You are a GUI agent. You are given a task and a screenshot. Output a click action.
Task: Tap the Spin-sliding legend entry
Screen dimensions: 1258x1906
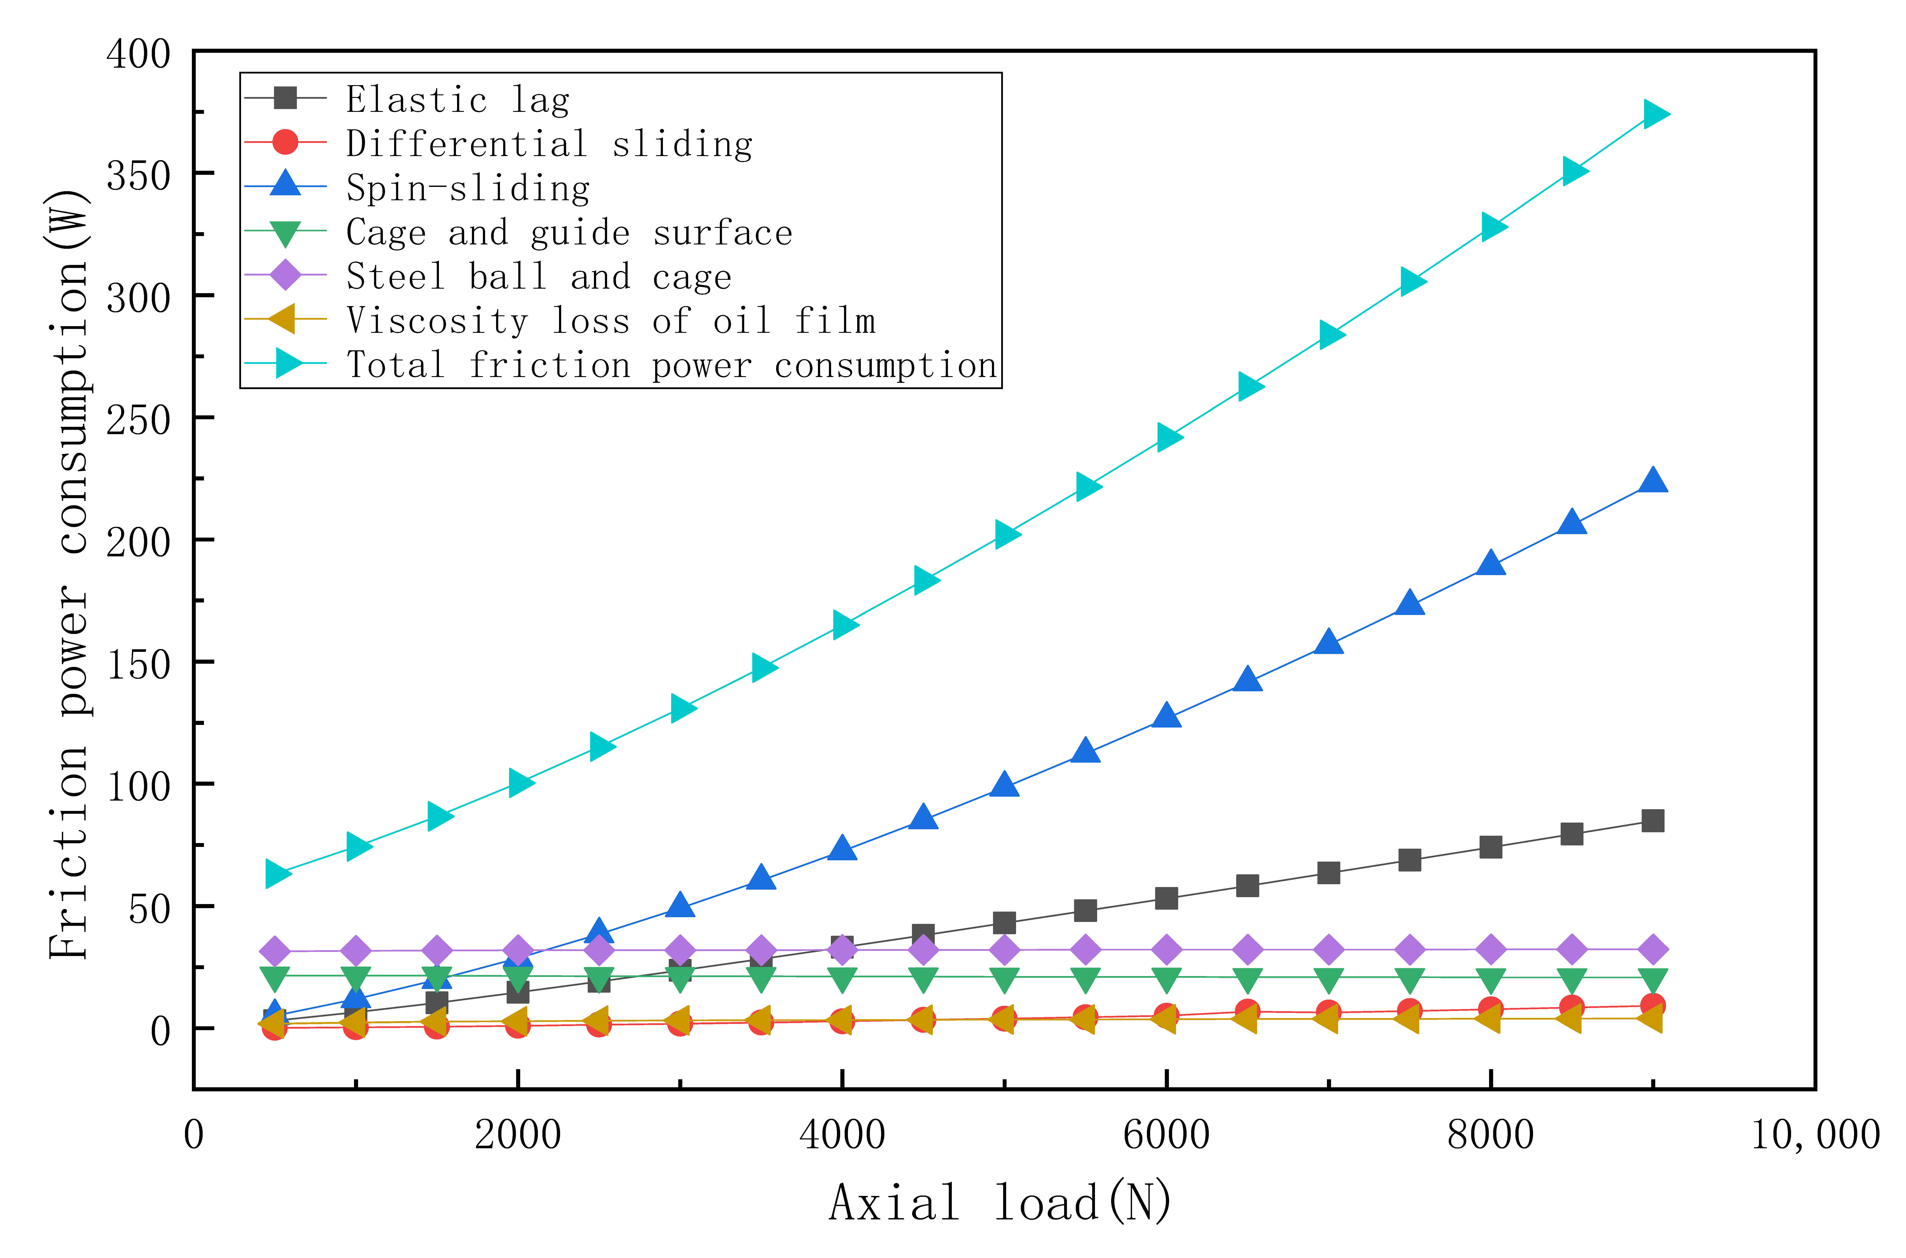pos(468,188)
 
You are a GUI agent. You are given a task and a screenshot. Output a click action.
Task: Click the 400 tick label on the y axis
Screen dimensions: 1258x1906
pos(139,55)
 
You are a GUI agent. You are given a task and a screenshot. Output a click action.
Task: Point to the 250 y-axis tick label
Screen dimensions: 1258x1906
pos(139,420)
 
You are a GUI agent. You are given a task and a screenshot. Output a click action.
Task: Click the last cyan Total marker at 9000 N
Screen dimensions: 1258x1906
pos(1654,114)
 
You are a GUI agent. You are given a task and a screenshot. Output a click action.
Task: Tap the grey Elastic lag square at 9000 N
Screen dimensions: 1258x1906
pos(1652,821)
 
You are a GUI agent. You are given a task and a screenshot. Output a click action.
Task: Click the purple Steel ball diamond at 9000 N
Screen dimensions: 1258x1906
pos(1652,950)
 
